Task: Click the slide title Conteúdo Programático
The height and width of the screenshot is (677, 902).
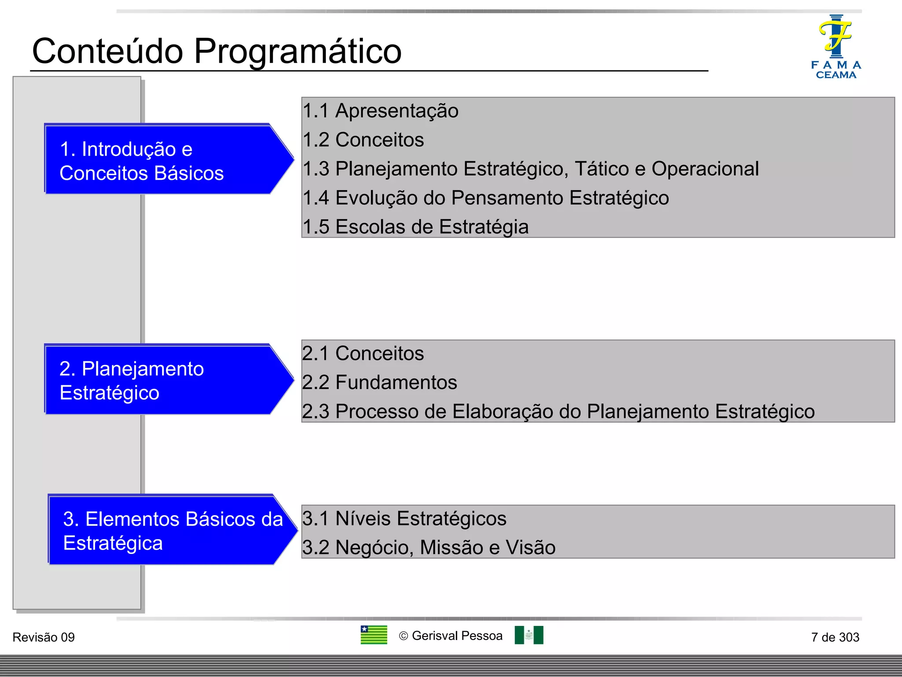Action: [x=217, y=51]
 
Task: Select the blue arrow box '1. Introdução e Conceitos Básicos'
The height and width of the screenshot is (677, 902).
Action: [x=159, y=160]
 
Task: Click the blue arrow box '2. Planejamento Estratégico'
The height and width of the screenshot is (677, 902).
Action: [x=159, y=380]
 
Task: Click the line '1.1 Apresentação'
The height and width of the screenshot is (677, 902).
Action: [x=381, y=111]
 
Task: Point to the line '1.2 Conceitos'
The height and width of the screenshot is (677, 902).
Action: [x=363, y=140]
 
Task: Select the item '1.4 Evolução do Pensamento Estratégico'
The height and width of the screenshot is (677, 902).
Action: [x=486, y=198]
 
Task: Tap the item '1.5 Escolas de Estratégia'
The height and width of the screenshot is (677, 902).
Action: [x=416, y=227]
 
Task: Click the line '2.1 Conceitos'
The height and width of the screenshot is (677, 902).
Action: [x=363, y=353]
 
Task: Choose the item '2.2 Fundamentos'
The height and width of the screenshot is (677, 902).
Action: [x=380, y=382]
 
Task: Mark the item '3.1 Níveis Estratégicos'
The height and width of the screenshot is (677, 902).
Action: [x=404, y=519]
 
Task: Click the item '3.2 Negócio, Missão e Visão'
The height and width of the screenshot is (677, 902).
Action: [x=429, y=547]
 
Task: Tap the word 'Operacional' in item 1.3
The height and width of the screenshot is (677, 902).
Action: [x=705, y=169]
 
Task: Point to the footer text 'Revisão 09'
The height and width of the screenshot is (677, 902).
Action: [x=44, y=637]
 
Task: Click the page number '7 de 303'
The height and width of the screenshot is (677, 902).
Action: [x=835, y=637]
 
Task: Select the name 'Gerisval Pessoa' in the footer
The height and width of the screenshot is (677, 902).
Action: [x=457, y=636]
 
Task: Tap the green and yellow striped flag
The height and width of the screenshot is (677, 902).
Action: [x=373, y=635]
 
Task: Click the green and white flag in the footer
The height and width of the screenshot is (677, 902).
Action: [x=529, y=635]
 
